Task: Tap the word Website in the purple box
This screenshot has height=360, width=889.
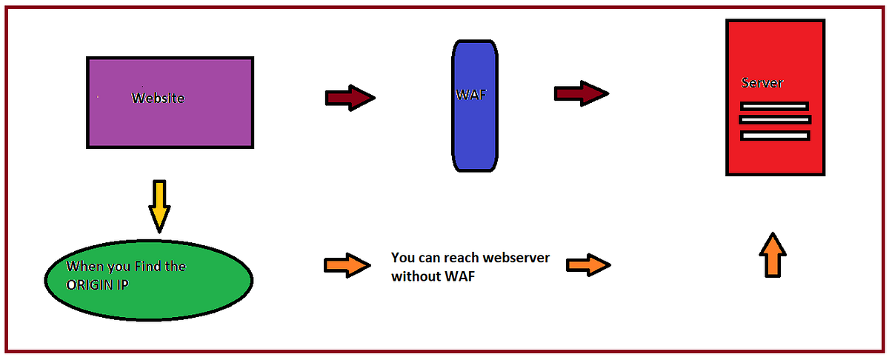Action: (x=158, y=98)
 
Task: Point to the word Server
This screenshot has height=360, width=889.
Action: (x=762, y=83)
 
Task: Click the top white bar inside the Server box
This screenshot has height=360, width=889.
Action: (x=774, y=107)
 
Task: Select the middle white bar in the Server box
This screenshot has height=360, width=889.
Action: (x=775, y=119)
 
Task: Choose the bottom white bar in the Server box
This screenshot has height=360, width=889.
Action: (x=775, y=136)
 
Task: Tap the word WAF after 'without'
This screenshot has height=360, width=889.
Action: (x=461, y=278)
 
